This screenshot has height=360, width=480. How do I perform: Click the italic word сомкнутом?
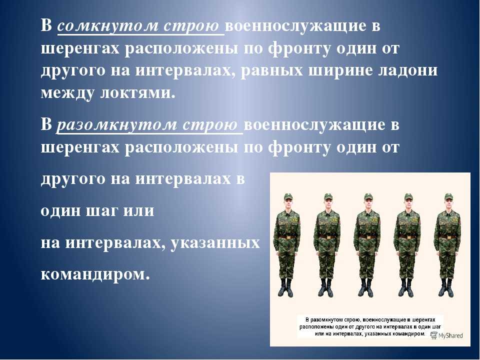coord(108,26)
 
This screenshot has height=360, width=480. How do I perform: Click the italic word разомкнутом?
coord(117,125)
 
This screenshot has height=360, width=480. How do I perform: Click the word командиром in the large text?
coord(95,274)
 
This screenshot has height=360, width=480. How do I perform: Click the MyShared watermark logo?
coord(446,335)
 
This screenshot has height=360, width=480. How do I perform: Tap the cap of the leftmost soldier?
coord(288,196)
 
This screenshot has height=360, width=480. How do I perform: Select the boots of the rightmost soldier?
coord(445,288)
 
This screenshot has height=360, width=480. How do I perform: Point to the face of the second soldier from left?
coord(328,203)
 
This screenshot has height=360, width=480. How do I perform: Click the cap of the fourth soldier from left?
coord(408,196)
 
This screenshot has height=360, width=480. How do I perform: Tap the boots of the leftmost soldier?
coord(285,288)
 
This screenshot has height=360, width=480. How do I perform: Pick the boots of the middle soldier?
coord(366,288)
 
